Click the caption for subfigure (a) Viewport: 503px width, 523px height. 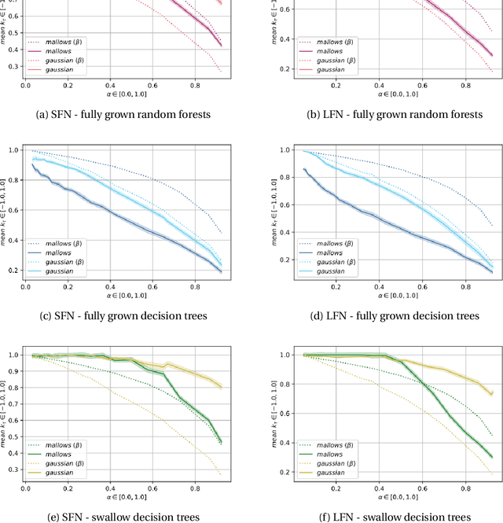coord(124,114)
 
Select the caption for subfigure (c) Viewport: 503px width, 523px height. coord(124,315)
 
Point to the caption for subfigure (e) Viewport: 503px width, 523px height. coord(124,517)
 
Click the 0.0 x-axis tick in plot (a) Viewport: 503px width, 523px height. coord(25,84)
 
